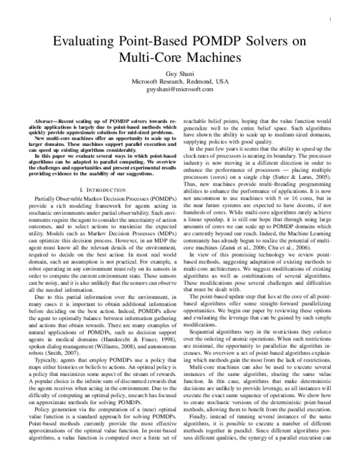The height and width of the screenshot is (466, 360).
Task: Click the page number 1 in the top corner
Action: point(331,19)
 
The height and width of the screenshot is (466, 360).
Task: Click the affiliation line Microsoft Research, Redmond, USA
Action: point(180,81)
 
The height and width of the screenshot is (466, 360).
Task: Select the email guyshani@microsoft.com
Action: point(180,89)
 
